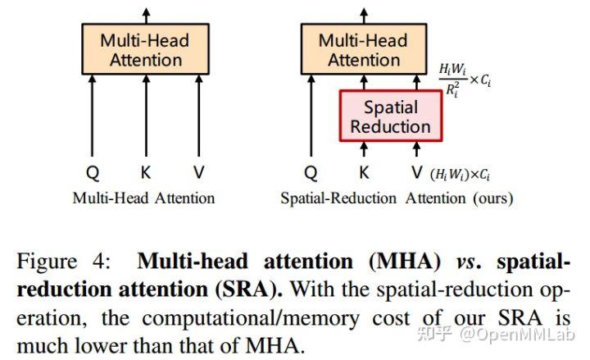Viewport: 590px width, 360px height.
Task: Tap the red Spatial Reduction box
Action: pos(390,116)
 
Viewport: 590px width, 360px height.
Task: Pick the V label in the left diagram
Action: pos(198,173)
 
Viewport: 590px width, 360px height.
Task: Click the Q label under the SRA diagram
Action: pos(311,173)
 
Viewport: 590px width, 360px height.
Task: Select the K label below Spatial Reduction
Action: pos(364,173)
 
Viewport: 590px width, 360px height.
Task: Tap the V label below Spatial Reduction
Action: pos(417,173)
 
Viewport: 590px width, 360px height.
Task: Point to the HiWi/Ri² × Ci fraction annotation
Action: pos(465,81)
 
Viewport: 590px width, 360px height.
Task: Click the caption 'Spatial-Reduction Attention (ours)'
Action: pos(397,198)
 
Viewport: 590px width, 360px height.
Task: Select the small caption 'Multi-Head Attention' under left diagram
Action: pos(144,198)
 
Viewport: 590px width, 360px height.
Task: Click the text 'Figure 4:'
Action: pos(61,262)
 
